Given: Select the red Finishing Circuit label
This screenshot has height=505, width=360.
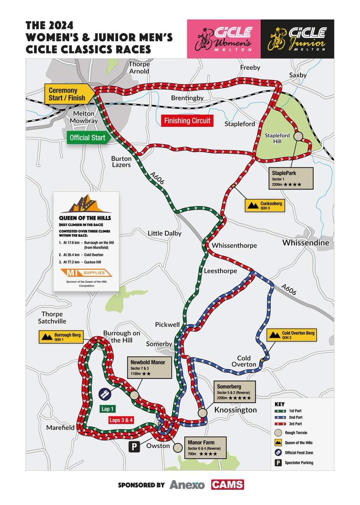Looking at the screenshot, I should click(x=186, y=122).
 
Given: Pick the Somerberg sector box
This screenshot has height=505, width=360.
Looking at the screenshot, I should click(x=234, y=392).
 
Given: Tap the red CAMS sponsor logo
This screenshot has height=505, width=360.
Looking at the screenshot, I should click(x=227, y=484).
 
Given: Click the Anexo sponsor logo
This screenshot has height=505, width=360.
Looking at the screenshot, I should click(x=187, y=485).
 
